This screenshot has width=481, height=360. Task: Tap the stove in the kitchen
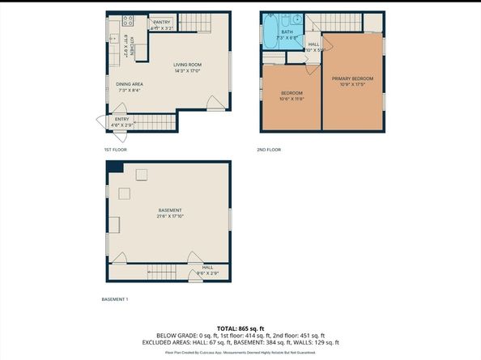click(127, 20)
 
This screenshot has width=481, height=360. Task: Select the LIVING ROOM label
click(187, 65)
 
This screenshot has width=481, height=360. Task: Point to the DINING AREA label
click(130, 84)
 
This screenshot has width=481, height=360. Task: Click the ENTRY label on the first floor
click(121, 120)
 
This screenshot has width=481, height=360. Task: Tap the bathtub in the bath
click(270, 32)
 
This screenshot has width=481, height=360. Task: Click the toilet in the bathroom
click(298, 20)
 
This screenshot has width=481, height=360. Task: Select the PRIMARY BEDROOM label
click(351, 78)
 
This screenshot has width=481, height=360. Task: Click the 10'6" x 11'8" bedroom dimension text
click(292, 99)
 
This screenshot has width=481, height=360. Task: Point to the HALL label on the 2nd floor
click(313, 44)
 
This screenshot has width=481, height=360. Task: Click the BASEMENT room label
click(170, 210)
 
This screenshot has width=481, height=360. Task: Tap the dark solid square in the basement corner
click(115, 167)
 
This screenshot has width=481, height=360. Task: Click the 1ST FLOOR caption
click(115, 150)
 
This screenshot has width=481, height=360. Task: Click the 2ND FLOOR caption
click(268, 150)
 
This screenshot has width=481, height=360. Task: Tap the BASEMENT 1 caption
click(115, 299)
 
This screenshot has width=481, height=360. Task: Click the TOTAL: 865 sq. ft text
click(240, 328)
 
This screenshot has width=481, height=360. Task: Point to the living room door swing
click(214, 104)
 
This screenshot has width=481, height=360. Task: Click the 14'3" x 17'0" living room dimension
click(187, 71)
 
